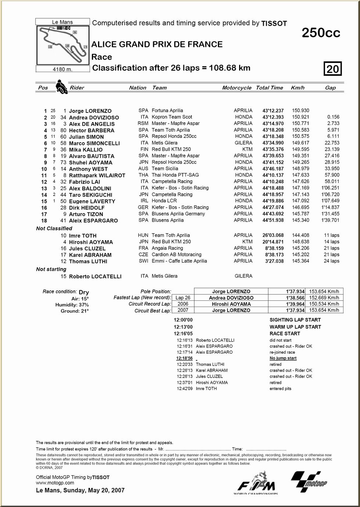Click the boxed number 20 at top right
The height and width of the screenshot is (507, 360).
pos(332,69)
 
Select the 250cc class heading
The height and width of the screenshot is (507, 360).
pos(321,33)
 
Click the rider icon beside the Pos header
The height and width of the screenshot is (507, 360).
pos(61,87)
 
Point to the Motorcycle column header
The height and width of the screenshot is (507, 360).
pos(237,88)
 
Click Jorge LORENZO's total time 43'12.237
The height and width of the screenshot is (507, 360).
pos(273,111)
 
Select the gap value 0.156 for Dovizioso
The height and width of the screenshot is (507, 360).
pos(333,117)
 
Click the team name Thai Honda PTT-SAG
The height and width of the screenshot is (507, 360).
pos(175,175)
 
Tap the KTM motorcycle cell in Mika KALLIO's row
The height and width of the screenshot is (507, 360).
pos(247,149)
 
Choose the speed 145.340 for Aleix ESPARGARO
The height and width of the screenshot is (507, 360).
pos(300,220)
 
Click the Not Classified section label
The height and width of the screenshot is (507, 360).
pos(54,228)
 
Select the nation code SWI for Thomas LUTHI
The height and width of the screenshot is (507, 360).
pos(143,261)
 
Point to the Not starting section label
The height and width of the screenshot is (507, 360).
pos(51,269)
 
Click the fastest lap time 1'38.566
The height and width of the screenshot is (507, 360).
pos(295,298)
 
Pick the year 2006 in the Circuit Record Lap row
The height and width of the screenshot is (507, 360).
pos(183,304)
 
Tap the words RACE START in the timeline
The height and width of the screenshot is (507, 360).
pos(285,333)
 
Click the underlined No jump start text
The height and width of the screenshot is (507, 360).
pos(283,358)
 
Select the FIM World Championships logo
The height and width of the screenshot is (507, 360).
pos(256,483)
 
